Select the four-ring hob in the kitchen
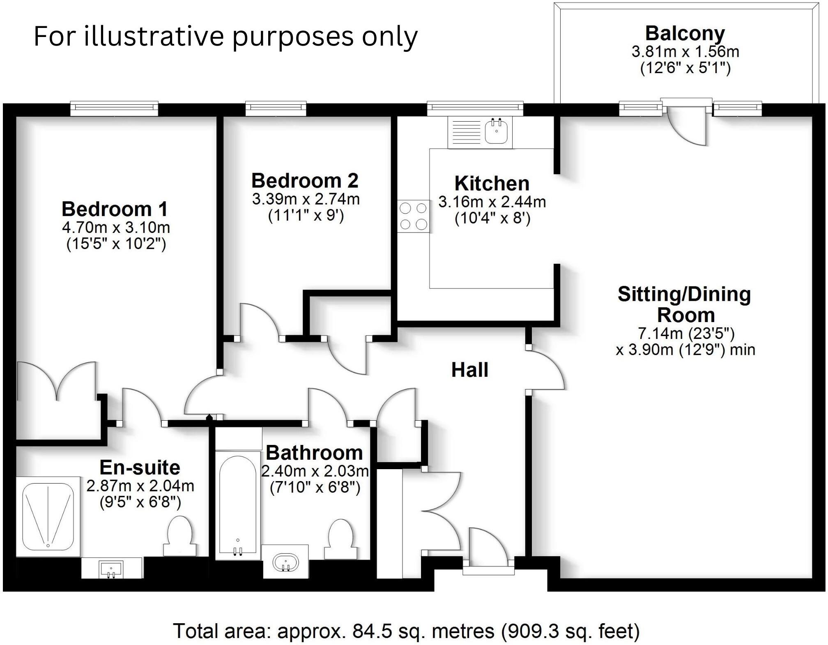[x=414, y=217]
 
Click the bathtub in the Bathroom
[x=238, y=505]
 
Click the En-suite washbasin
[x=111, y=569]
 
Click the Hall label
[x=469, y=370]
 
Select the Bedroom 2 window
[x=276, y=108]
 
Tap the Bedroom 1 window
[x=114, y=108]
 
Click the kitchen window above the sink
[x=475, y=108]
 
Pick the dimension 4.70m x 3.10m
[x=116, y=227]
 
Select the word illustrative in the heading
[x=154, y=36]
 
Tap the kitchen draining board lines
[x=465, y=131]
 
